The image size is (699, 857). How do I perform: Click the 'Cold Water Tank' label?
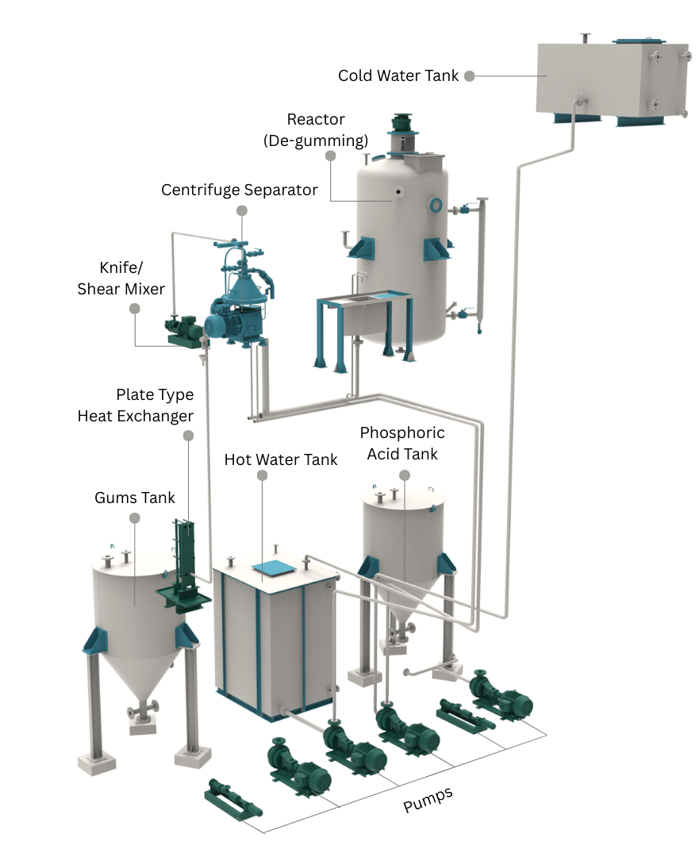click(398, 76)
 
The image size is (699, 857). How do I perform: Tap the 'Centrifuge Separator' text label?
click(240, 190)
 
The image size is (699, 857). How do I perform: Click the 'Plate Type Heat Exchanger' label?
click(136, 405)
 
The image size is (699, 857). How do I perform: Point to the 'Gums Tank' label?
click(135, 498)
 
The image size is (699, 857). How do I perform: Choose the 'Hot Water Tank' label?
click(281, 460)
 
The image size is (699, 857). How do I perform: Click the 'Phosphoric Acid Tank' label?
click(401, 444)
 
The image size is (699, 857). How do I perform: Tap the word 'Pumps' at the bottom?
click(428, 800)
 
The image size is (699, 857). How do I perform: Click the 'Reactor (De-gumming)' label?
click(316, 130)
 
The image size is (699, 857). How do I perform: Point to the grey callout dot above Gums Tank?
click(135, 518)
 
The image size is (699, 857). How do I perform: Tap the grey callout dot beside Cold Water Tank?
click(470, 76)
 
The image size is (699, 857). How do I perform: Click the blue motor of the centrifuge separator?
click(223, 324)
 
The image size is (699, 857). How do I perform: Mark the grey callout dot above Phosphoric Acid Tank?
click(405, 475)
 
